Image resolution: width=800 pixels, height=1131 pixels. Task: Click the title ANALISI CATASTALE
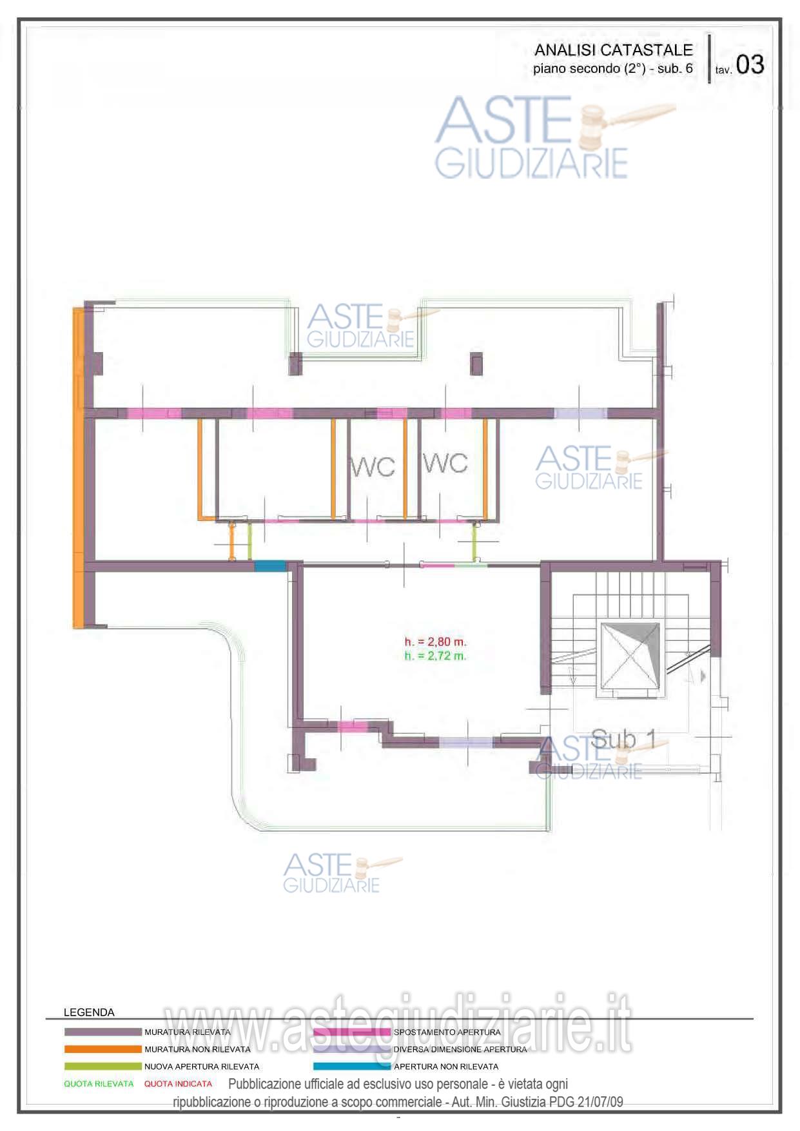[613, 50]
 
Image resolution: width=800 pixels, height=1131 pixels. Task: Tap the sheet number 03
[750, 64]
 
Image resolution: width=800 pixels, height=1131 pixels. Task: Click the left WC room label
[372, 467]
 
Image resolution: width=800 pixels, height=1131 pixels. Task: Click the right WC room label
[445, 462]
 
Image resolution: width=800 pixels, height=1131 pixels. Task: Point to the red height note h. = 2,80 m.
[435, 642]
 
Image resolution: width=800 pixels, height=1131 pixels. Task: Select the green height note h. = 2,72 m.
[435, 656]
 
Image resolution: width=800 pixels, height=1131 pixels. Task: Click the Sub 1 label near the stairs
[623, 739]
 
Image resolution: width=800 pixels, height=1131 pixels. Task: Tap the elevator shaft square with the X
[630, 656]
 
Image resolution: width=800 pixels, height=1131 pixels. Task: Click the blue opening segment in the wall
[270, 566]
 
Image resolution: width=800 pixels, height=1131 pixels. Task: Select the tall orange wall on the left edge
[78, 467]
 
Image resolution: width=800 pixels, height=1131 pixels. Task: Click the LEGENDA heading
[89, 1012]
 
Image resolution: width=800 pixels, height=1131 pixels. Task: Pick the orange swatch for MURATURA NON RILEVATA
[102, 1049]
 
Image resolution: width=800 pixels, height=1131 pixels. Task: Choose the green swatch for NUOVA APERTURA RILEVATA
[102, 1067]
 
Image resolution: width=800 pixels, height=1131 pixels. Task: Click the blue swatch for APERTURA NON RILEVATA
[352, 1067]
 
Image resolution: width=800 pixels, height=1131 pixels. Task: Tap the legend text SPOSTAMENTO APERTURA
[447, 1032]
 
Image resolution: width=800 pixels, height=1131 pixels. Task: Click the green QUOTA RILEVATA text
[99, 1084]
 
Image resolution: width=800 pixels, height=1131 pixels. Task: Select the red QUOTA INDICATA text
[178, 1084]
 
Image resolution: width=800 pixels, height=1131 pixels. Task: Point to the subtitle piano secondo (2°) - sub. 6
[613, 68]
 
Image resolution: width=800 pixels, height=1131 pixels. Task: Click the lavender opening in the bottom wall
[465, 743]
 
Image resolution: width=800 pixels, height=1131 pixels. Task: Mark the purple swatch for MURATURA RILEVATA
[102, 1032]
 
